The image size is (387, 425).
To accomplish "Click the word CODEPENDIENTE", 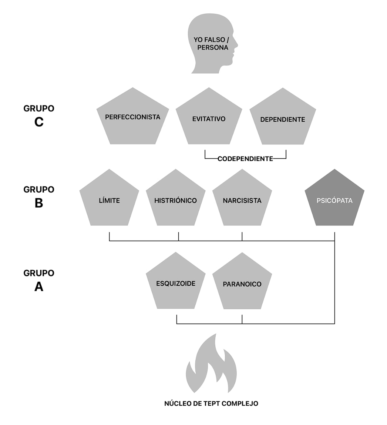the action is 245,159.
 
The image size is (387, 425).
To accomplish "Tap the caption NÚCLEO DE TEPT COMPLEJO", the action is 211,403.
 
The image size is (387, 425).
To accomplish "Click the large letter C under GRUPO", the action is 39,122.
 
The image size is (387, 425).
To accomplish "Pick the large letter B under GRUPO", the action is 39,203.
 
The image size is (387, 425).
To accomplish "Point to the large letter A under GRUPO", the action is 39,287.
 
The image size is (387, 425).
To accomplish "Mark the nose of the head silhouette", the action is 236,44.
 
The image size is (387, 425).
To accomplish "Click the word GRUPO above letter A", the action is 39,273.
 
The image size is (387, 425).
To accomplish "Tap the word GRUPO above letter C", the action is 39,108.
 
